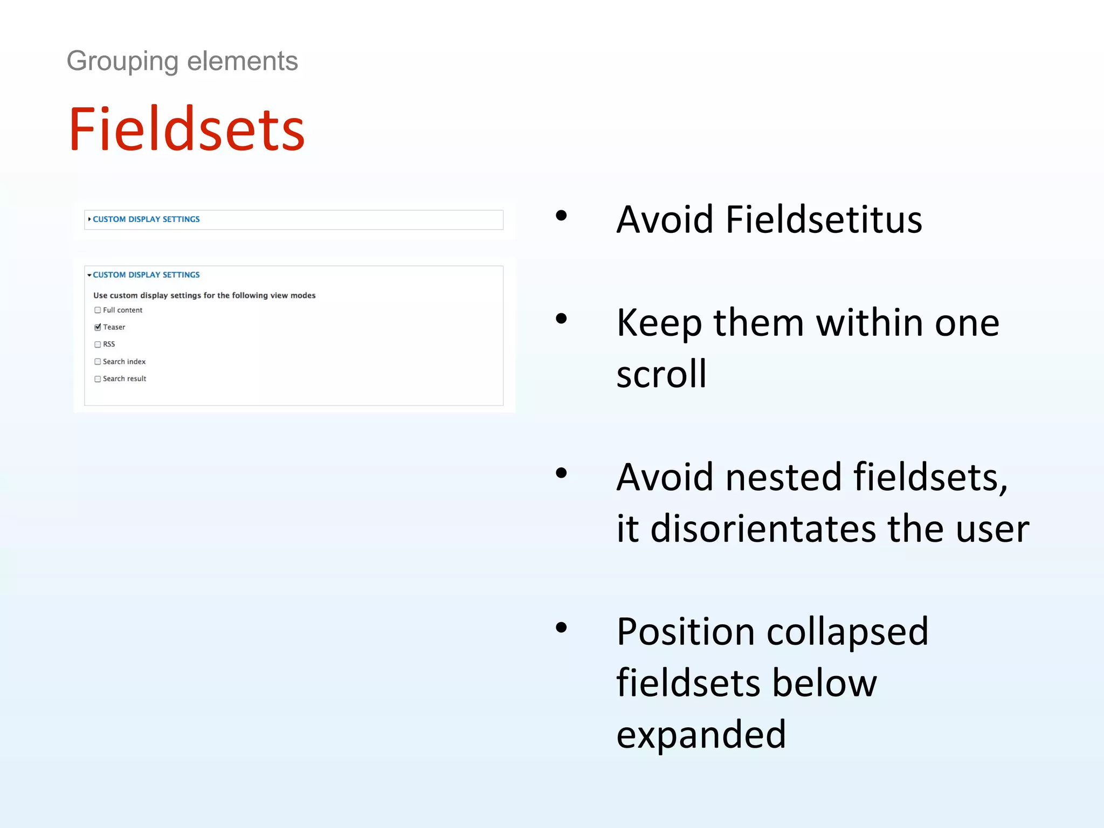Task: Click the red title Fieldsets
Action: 187,129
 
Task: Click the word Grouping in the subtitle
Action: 122,61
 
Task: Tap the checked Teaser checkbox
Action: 98,327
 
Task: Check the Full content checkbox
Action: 98,310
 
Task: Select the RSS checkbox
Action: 98,344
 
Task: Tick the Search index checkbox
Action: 98,362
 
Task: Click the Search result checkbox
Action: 98,379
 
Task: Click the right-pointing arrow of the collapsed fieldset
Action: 89,219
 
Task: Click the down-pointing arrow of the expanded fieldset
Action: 89,275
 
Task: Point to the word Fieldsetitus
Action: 823,220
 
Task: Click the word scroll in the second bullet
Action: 661,374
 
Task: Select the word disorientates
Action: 763,528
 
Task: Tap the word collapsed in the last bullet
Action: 847,631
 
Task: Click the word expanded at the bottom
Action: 701,734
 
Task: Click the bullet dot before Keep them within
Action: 561,319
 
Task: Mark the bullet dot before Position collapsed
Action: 561,627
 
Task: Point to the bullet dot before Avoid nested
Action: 561,473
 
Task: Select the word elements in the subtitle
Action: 242,61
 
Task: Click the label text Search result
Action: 125,379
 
